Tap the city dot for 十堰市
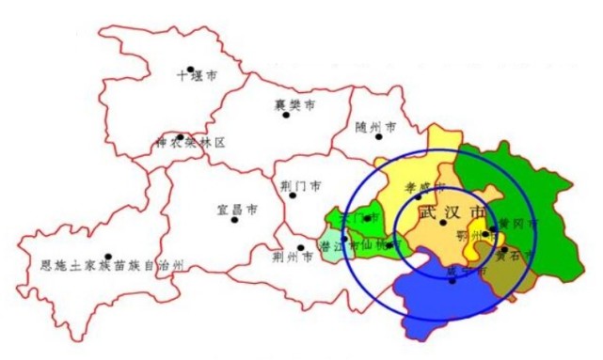pos(190,69)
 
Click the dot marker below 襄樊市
pos(286,115)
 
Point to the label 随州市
pos(376,127)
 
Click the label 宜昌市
pos(237,210)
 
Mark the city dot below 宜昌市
pos(234,220)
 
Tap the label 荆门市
pos(301,185)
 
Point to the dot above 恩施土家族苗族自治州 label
pos(108,257)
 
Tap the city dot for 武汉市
pos(443,223)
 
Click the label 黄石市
pos(515,255)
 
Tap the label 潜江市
pos(338,246)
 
